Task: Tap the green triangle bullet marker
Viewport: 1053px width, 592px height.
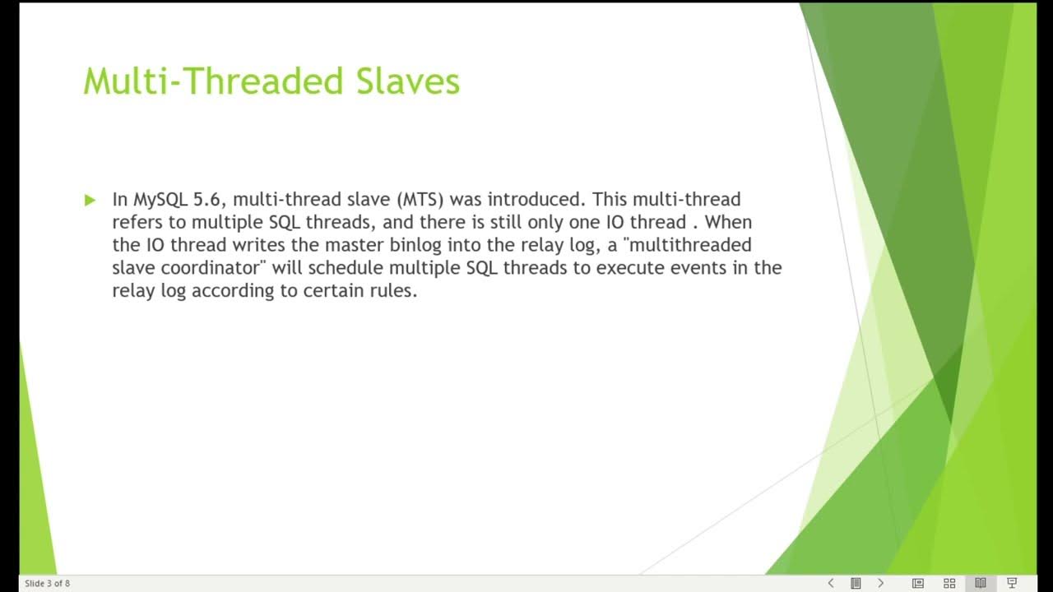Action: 90,200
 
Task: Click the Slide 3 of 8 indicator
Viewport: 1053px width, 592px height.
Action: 47,584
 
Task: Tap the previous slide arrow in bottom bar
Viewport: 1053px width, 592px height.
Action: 831,583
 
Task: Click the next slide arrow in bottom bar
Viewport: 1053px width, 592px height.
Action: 880,583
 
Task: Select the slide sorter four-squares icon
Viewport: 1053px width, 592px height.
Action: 949,583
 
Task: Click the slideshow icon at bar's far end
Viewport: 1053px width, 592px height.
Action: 1013,583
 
